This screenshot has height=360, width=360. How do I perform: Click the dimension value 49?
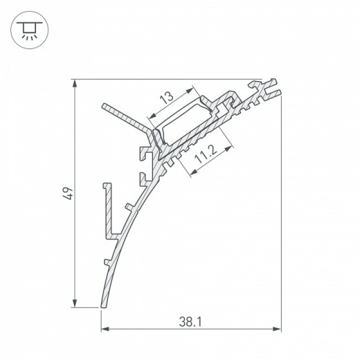point(69,194)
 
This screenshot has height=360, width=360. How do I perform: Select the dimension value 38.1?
point(190,322)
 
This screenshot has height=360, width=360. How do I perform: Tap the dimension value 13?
point(167,97)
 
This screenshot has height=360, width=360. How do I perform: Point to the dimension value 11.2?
point(206,154)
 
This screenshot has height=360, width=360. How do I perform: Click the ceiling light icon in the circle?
point(30,30)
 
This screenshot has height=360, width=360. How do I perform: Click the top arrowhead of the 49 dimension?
point(75,83)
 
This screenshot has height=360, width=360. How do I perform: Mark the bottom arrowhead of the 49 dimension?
point(75,303)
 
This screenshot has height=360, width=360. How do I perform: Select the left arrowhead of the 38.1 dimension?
point(105,329)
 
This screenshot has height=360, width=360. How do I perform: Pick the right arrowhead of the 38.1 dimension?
point(277,329)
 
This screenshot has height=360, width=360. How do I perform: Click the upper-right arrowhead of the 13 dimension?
point(190,90)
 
